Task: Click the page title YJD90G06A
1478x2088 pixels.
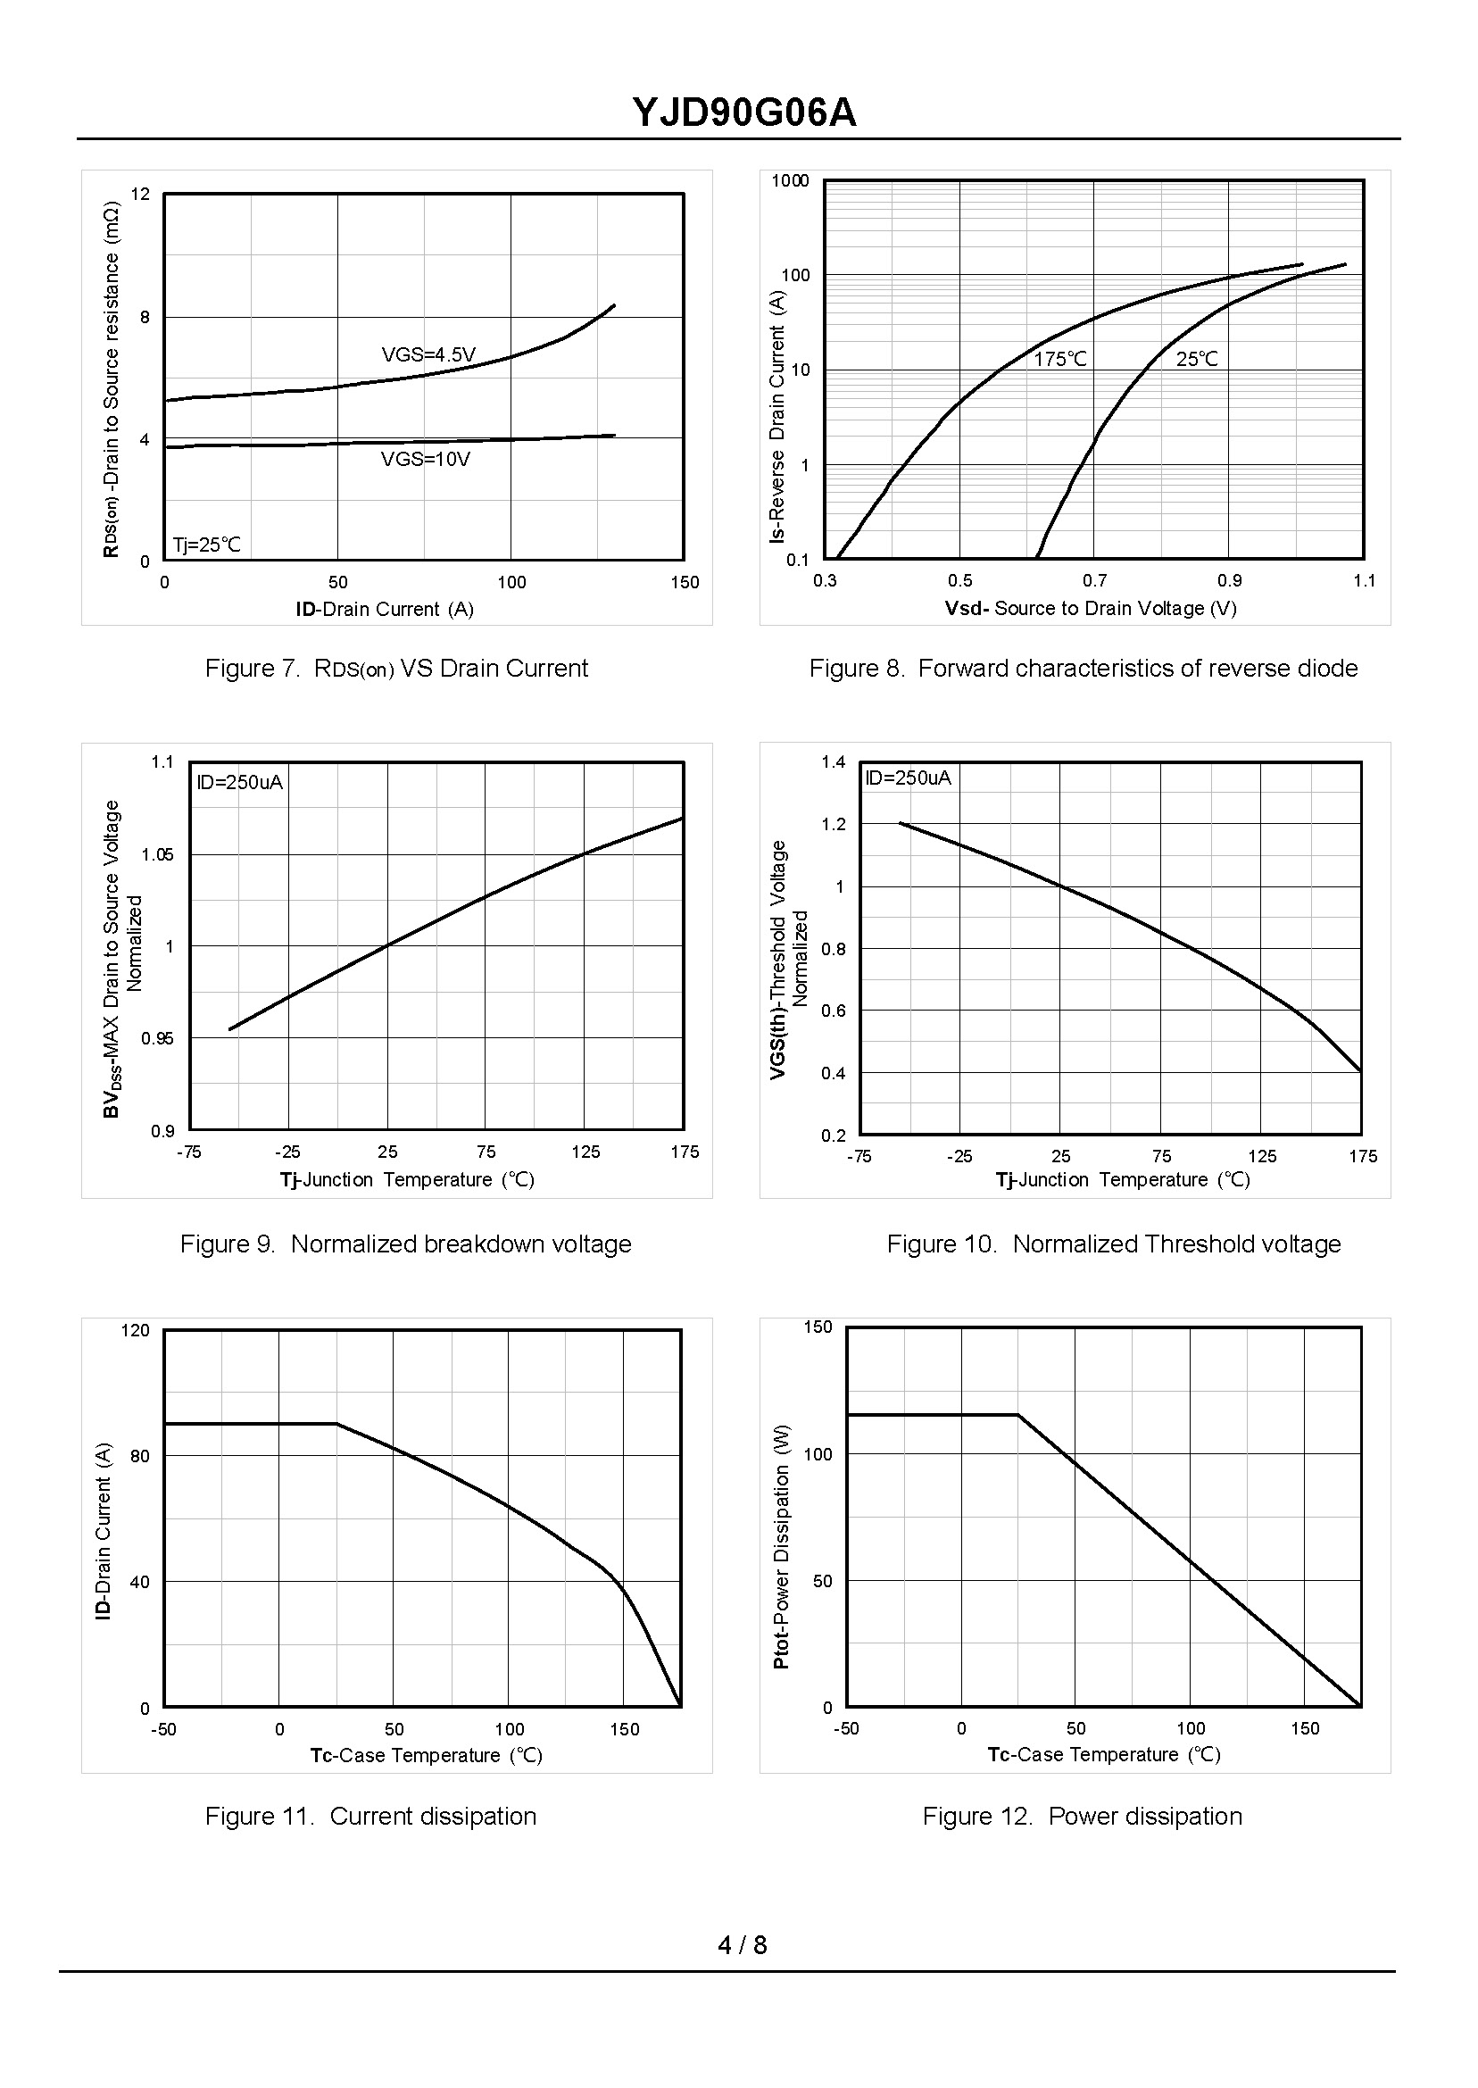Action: point(743,113)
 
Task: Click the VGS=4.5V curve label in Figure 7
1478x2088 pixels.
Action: point(428,355)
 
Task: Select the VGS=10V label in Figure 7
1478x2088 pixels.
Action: point(425,460)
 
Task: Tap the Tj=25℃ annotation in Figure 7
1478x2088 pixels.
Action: point(207,545)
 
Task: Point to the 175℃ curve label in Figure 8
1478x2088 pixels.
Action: point(1060,360)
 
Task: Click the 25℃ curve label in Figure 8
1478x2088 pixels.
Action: point(1197,360)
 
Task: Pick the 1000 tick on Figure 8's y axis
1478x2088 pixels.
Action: point(790,181)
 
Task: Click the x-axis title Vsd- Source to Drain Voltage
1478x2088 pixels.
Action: point(1091,608)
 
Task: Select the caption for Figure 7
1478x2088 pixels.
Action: point(396,669)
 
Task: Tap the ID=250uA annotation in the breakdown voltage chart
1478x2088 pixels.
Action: point(240,783)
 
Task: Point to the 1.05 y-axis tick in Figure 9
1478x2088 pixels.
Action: point(157,854)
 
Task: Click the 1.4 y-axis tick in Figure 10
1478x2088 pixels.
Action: point(833,761)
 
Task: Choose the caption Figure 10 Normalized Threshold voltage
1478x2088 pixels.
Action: point(1113,1244)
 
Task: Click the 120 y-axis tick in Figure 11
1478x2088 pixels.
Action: point(136,1331)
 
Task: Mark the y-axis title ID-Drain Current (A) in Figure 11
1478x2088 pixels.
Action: point(104,1530)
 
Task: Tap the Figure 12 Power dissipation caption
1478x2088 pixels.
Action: point(1082,1816)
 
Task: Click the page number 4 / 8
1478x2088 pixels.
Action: point(742,1945)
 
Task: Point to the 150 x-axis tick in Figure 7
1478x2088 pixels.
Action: point(685,583)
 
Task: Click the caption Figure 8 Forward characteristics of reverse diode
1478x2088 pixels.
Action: point(1083,669)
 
